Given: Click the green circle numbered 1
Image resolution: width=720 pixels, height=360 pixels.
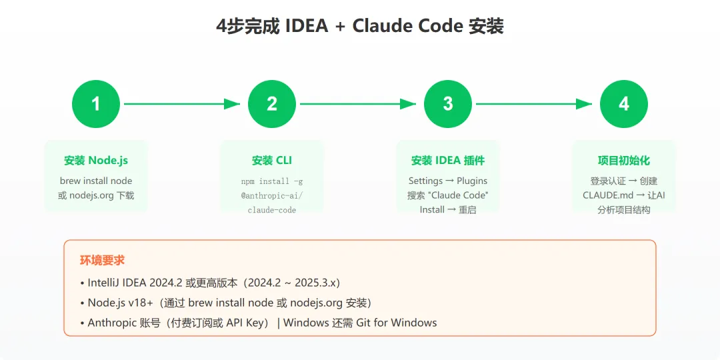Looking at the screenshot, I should pyautogui.click(x=96, y=104).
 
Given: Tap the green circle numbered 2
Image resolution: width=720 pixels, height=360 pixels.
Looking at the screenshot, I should pyautogui.click(x=272, y=104).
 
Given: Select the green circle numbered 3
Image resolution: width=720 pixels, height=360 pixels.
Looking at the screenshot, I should pyautogui.click(x=448, y=104).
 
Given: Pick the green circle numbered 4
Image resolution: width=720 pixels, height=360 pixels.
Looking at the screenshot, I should pyautogui.click(x=624, y=104).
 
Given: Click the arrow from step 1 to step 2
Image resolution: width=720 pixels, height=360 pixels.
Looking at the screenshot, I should pyautogui.click(x=181, y=104).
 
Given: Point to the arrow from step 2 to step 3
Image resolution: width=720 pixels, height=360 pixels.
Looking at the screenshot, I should pyautogui.click(x=358, y=104).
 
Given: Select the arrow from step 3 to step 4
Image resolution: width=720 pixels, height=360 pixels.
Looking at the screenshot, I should pyautogui.click(x=534, y=104).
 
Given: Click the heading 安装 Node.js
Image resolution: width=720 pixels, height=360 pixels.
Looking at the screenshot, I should pyautogui.click(x=96, y=161).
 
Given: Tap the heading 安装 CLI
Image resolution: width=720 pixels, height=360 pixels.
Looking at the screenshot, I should pyautogui.click(x=272, y=161).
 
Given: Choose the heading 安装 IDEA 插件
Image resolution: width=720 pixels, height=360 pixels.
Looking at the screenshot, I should pyautogui.click(x=448, y=161).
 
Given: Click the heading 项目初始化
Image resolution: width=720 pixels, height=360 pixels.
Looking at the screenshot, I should pyautogui.click(x=624, y=161).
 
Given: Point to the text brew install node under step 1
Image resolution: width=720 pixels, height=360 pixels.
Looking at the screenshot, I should pyautogui.click(x=96, y=181).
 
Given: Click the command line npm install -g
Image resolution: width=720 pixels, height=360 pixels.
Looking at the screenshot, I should pyautogui.click(x=272, y=181).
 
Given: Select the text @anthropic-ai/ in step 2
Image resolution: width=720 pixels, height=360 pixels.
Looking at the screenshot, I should pyautogui.click(x=272, y=195).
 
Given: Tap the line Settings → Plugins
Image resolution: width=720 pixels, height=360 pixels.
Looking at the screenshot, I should pyautogui.click(x=448, y=181).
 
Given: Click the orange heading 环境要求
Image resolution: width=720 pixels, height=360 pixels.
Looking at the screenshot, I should pyautogui.click(x=103, y=260).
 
